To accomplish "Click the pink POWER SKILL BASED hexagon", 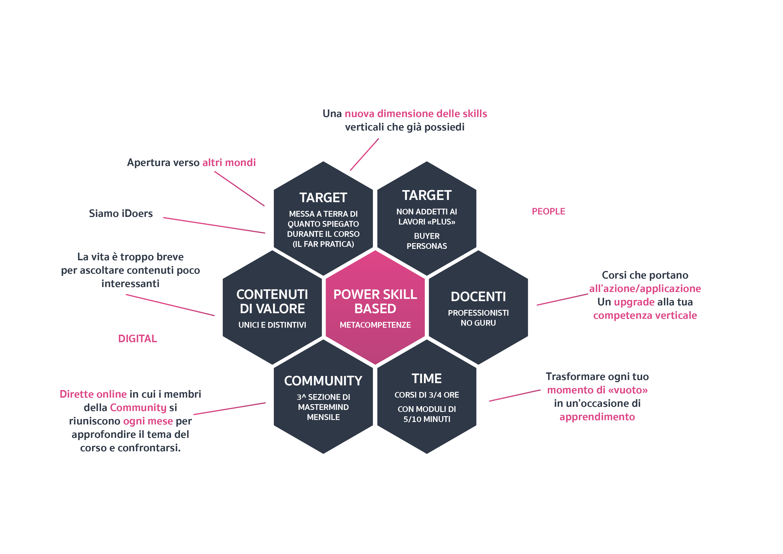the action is coord(375,307).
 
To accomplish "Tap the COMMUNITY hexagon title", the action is coord(323,381).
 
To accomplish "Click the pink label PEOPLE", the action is coord(548,211).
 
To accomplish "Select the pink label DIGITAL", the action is coord(137,339).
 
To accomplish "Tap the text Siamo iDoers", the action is coord(121,213).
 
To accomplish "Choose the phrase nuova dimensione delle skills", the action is coord(416,114).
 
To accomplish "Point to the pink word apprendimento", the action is coord(597,417).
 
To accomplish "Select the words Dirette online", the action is coord(93,394).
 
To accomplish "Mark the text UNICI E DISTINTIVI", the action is coord(272,325).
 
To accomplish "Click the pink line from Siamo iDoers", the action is coord(214,225).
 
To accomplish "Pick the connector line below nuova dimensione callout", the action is coord(364,154).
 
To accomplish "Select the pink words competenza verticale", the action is coord(645,316).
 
